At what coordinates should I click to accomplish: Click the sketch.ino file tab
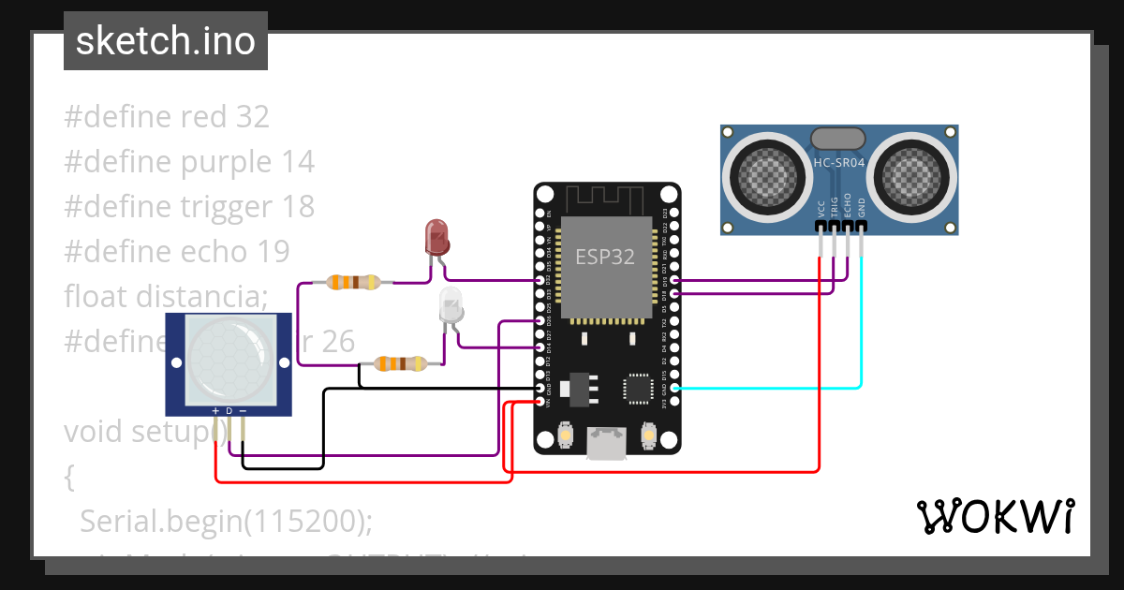click(165, 41)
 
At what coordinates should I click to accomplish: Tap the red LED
click(437, 237)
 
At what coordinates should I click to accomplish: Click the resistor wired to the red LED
click(353, 281)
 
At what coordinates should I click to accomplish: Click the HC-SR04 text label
click(838, 162)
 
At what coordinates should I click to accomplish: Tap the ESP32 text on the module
click(604, 257)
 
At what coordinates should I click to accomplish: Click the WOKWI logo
click(995, 516)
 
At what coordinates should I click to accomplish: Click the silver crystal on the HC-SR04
click(838, 138)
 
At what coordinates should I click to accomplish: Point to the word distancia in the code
click(201, 296)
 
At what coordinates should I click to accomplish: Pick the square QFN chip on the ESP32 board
click(639, 388)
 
